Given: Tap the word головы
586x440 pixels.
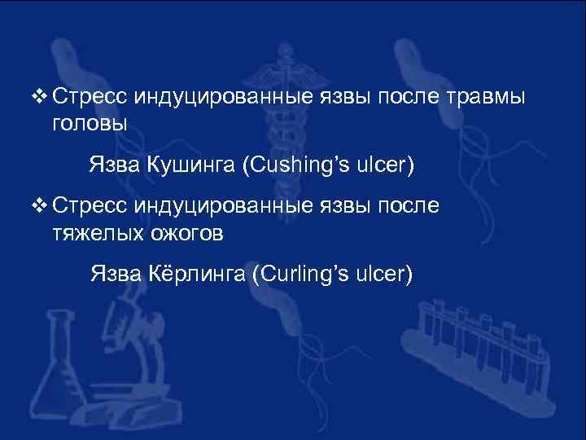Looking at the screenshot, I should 90,124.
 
